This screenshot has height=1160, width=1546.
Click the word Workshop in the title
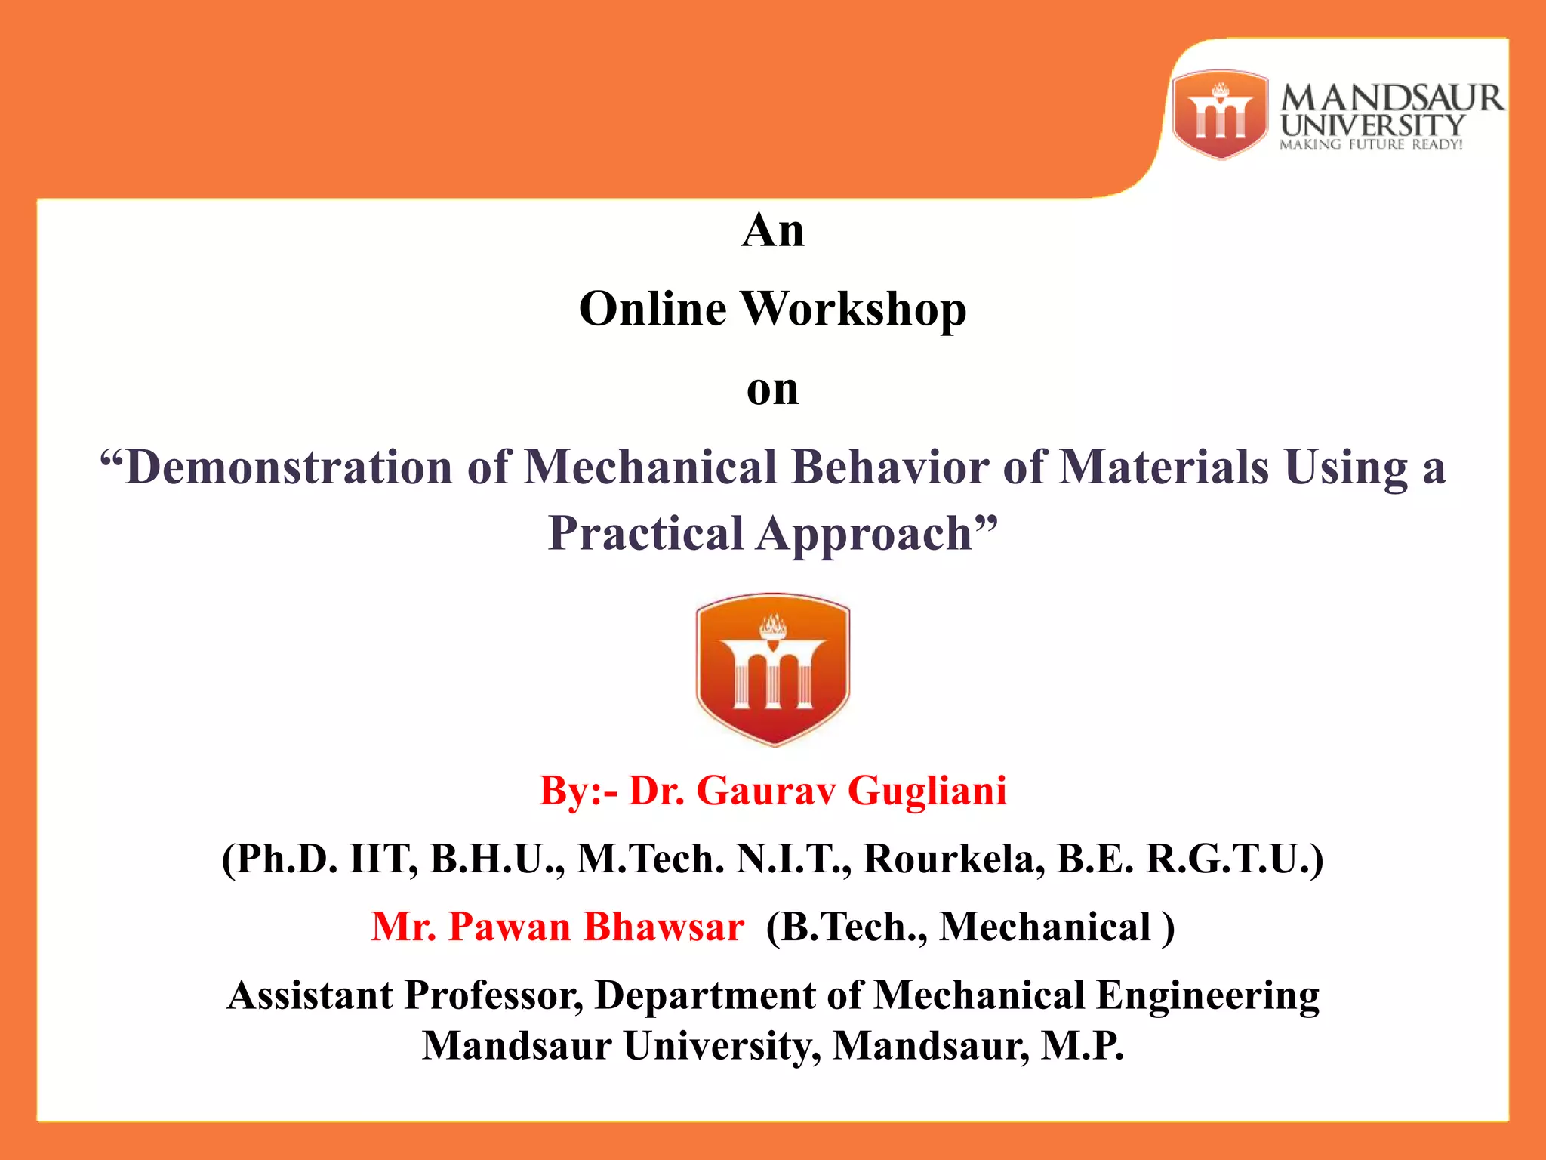[x=854, y=310]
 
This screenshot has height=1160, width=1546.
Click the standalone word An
[x=772, y=230]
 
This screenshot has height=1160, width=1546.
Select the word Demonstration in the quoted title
[x=288, y=467]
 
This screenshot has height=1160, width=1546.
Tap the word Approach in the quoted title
[x=864, y=533]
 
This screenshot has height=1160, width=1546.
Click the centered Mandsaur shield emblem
[x=772, y=669]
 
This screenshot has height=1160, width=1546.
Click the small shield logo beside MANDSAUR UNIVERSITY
[x=1220, y=115]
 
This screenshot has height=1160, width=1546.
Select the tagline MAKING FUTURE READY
[x=1370, y=144]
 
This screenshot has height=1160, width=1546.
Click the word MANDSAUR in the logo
[x=1391, y=98]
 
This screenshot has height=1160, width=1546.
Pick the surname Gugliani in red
[x=926, y=791]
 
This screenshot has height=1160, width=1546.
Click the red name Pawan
[x=510, y=927]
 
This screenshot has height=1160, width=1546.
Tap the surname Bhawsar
[x=664, y=927]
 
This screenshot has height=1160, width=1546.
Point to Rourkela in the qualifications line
[x=954, y=859]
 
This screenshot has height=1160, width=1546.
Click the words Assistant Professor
[x=405, y=995]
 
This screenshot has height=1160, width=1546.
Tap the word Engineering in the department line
[x=1207, y=995]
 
